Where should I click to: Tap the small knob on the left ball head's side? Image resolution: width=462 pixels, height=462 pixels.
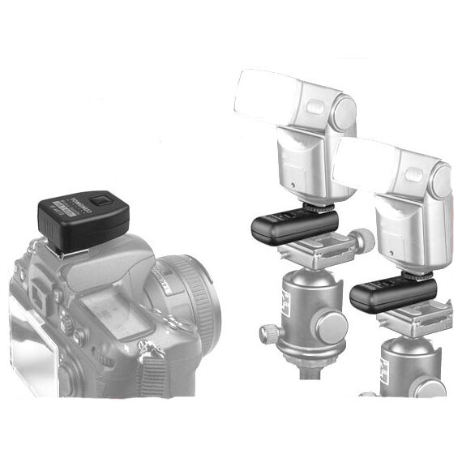tap(267, 333)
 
